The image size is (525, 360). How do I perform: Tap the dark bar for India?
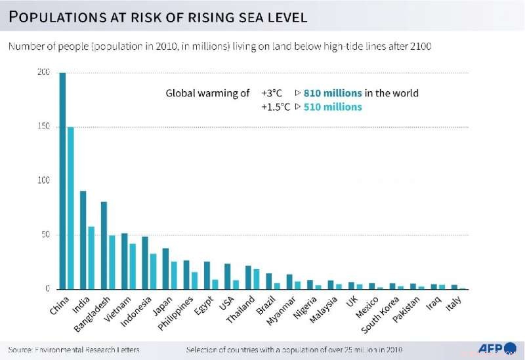[x=83, y=240]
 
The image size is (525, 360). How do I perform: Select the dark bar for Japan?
[x=166, y=269]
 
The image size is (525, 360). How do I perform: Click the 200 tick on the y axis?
[x=43, y=72]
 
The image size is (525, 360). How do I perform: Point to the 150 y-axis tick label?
[x=43, y=126]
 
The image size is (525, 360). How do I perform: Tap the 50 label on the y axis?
[x=45, y=235]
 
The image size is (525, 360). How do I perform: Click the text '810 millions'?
[x=333, y=93]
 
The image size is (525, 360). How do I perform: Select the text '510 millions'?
[x=333, y=107]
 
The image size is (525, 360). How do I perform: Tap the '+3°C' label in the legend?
[x=272, y=93]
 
